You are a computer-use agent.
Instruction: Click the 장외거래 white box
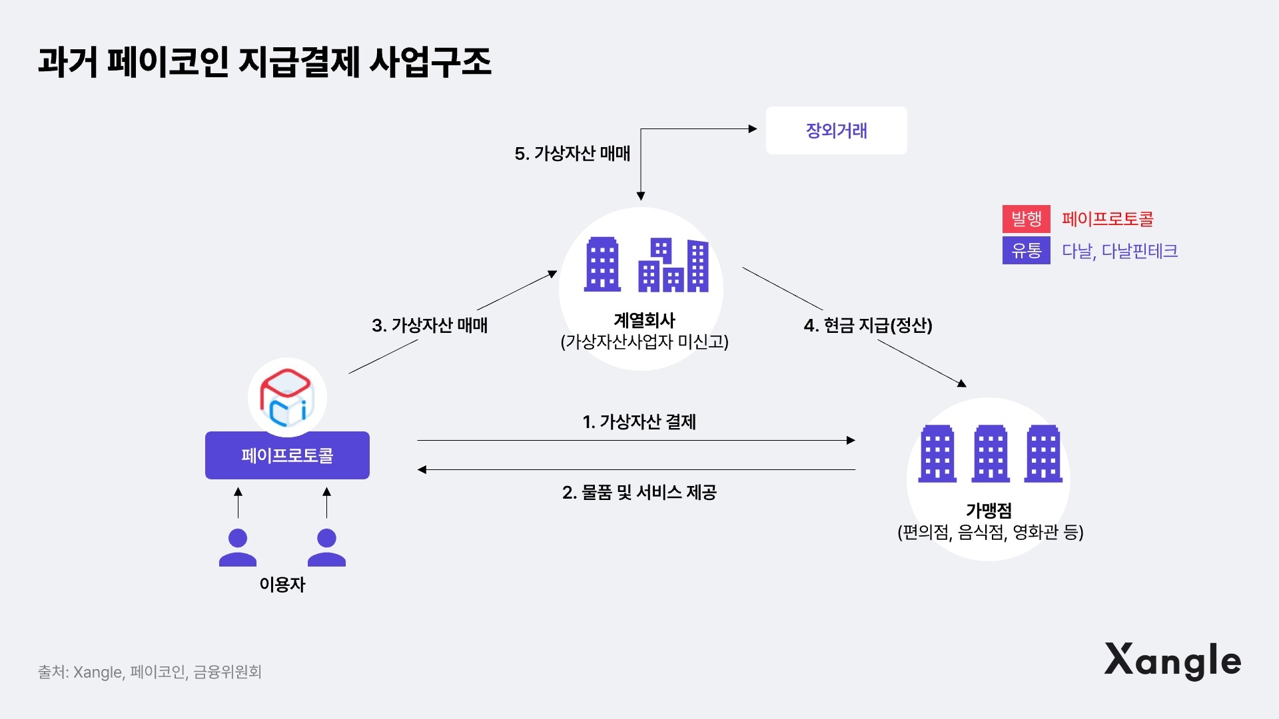coord(836,130)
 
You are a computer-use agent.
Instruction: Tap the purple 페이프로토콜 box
coord(287,455)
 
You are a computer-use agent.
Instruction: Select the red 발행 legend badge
coord(1026,218)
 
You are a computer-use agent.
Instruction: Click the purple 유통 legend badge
coord(1026,250)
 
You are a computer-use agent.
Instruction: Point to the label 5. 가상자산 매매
coord(572,154)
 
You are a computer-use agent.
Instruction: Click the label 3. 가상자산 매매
coord(430,326)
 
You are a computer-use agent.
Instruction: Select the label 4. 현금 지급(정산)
coord(867,326)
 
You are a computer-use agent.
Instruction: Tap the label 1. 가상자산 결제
coord(639,422)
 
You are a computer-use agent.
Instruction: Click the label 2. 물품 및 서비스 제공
coord(639,493)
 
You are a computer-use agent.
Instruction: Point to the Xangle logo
coord(1172,660)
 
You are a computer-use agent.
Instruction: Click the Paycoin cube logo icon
coord(287,397)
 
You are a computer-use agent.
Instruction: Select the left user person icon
coord(238,547)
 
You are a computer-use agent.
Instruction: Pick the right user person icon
coord(326,547)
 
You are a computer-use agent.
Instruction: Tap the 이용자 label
coord(282,585)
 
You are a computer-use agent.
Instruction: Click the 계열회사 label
coord(644,321)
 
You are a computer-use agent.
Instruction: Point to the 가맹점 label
coord(989,511)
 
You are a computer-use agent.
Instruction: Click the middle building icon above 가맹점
coord(991,453)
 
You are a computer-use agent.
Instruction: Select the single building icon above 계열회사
coord(602,265)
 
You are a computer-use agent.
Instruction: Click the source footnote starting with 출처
coord(150,672)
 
